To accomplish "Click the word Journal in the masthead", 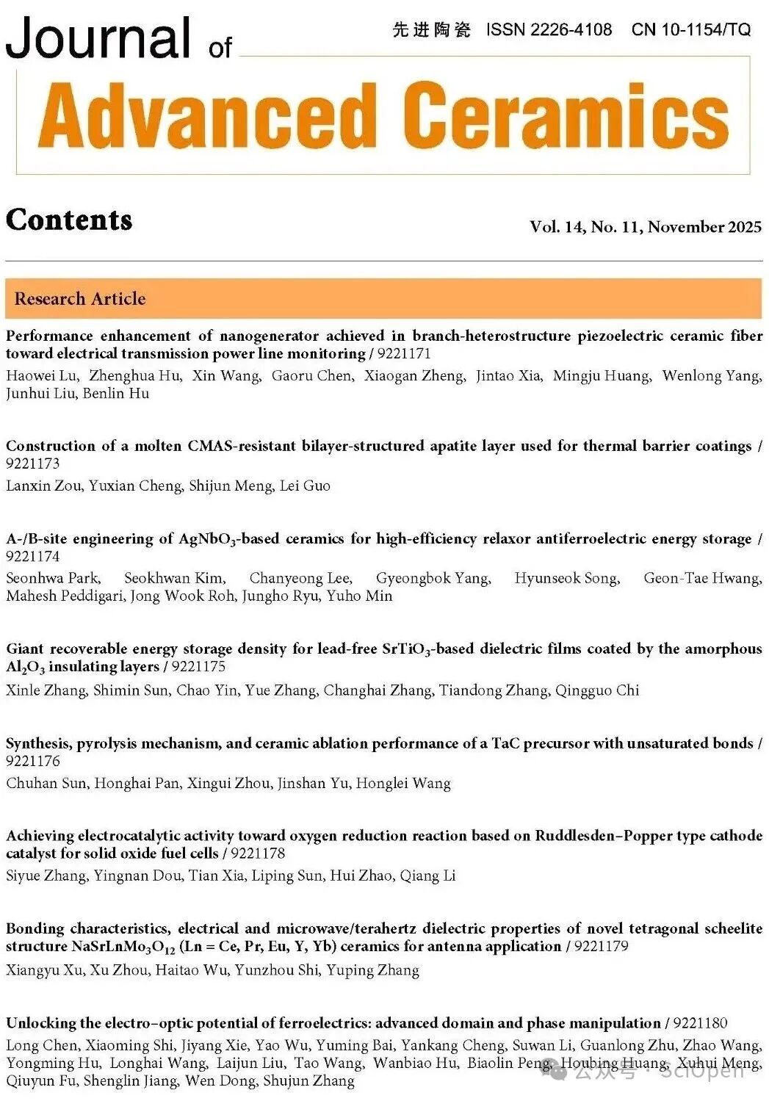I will coord(98,38).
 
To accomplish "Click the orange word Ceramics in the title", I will coord(566,116).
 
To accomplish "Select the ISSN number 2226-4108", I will coord(571,29).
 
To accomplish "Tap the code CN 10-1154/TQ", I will coord(690,29).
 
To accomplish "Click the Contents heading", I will coord(69,220).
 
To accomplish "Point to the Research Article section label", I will coord(80,299).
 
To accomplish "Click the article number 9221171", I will coord(404,353).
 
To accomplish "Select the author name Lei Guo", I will coord(305,485).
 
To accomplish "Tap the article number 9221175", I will coord(199,667).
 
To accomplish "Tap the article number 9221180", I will coord(700,1023).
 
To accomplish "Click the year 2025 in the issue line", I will coord(744,227).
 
